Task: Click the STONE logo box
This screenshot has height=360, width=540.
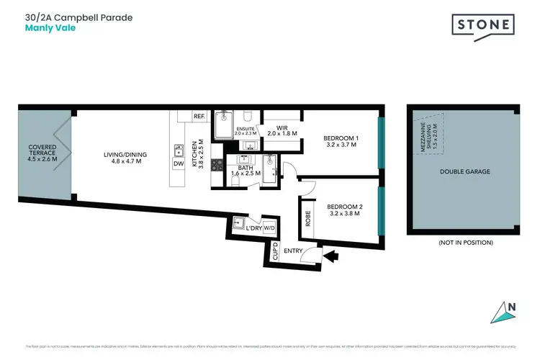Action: point(483,26)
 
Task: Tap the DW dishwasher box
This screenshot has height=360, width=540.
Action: point(178,164)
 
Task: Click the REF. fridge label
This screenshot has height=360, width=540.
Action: point(199,116)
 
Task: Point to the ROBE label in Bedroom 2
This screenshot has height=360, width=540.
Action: point(308,218)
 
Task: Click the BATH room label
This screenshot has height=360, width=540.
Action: point(245,171)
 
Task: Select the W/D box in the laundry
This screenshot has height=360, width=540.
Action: point(269,228)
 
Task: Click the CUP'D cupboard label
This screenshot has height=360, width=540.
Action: point(275,252)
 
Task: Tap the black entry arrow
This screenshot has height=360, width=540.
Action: point(332,254)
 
